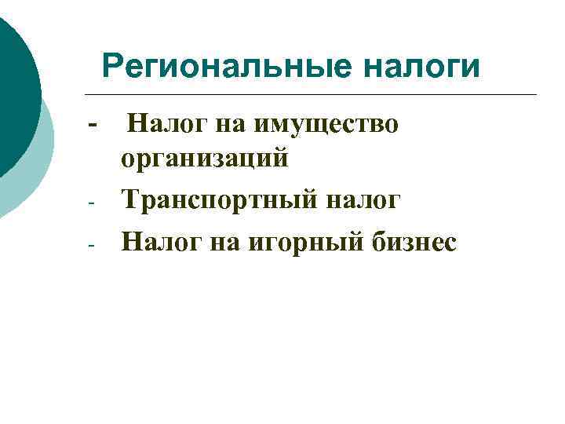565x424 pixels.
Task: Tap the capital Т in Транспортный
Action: (131, 200)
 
